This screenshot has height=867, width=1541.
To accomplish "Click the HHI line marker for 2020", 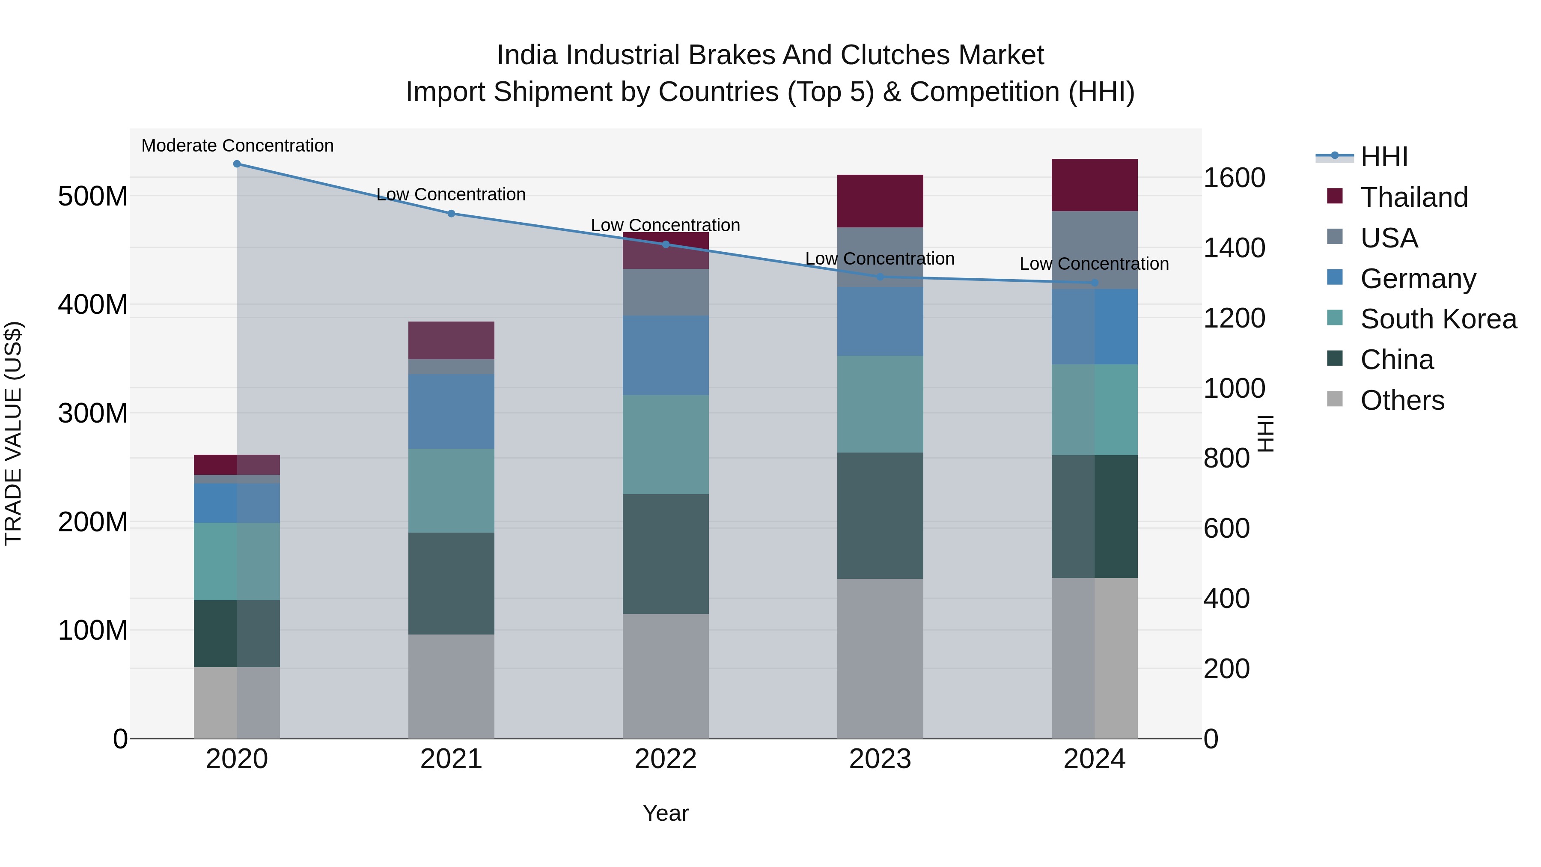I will click(237, 164).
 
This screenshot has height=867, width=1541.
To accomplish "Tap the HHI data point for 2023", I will click(880, 277).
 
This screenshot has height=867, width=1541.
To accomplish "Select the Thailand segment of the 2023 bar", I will click(880, 201).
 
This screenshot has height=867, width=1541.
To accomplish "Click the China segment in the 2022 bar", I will click(666, 554).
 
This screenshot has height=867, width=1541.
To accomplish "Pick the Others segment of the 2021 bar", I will click(451, 686).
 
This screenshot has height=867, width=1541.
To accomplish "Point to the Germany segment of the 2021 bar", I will click(451, 411).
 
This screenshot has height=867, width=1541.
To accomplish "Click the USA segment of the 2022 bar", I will click(666, 292).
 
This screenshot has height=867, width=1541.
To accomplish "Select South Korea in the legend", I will click(1438, 319).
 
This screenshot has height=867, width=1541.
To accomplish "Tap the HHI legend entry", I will click(1383, 157).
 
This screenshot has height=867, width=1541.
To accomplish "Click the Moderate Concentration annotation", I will click(238, 146).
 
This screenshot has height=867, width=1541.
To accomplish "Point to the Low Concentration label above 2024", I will click(1094, 264).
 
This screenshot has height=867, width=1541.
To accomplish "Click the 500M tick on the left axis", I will click(93, 196).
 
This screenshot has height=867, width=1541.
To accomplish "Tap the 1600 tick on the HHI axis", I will click(1234, 178).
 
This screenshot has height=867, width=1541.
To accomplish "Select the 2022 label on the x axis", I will click(666, 759).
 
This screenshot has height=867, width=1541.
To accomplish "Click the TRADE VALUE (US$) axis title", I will click(13, 433).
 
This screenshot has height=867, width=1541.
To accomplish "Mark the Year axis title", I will click(666, 813).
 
